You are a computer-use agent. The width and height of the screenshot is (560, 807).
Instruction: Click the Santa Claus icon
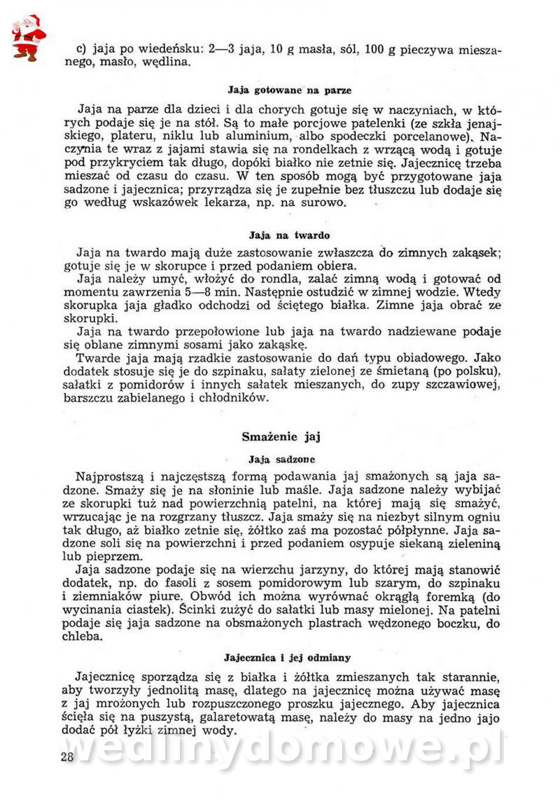click(27, 37)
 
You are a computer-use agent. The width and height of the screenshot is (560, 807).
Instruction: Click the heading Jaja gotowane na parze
click(289, 90)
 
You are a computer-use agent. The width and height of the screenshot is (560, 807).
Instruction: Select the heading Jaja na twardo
click(289, 235)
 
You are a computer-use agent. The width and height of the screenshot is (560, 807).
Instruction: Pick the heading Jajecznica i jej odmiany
click(287, 658)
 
